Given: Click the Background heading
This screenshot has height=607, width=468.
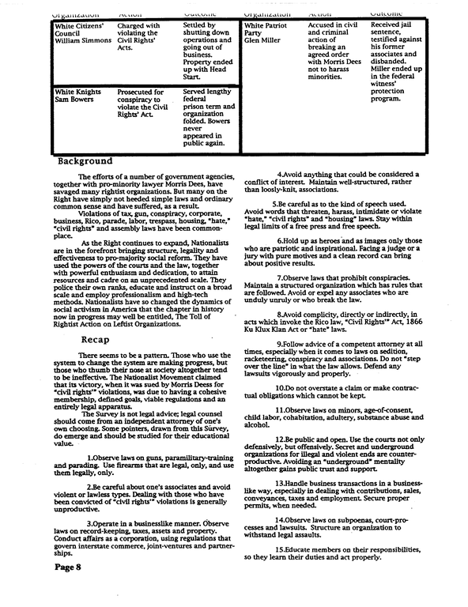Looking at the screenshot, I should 85,160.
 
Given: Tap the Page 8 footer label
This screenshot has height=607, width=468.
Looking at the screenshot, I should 68,588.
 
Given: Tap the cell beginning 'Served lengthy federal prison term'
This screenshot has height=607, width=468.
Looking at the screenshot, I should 207,119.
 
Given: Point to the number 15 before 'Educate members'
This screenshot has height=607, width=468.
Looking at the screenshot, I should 280,549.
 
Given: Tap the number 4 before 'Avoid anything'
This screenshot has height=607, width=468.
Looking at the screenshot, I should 278,174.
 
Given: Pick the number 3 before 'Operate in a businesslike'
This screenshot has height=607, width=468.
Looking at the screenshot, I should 89,523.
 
